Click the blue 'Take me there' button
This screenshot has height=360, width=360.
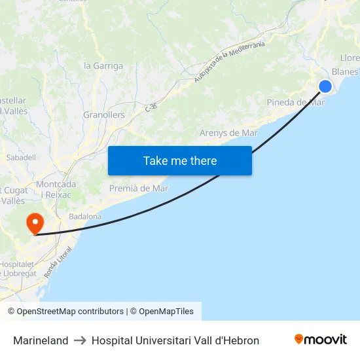(x=179, y=160)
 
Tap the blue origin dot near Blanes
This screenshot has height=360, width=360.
(x=325, y=86)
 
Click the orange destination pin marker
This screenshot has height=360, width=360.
(x=35, y=223)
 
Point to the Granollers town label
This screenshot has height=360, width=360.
(x=103, y=115)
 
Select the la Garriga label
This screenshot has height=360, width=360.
(x=103, y=65)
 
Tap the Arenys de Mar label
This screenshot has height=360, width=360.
(x=228, y=133)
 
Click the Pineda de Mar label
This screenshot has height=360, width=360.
(x=295, y=102)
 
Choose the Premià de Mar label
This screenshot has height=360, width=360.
(x=138, y=189)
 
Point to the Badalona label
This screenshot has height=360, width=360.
(x=85, y=216)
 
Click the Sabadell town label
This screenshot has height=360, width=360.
(x=20, y=158)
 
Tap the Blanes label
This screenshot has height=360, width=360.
(x=345, y=71)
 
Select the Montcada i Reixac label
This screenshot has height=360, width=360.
(x=56, y=190)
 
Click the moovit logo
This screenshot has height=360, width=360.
(x=320, y=340)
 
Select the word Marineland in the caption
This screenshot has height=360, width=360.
(x=41, y=340)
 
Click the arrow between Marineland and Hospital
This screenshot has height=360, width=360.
(x=80, y=340)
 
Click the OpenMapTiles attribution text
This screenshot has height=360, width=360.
(x=166, y=312)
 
